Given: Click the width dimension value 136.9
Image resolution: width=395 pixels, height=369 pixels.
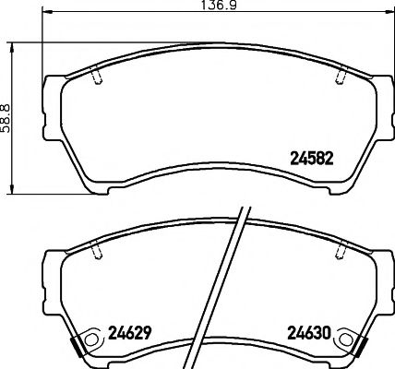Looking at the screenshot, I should pos(214,8).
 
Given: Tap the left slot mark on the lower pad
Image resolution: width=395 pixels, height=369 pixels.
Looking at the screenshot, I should pos(97,249).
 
